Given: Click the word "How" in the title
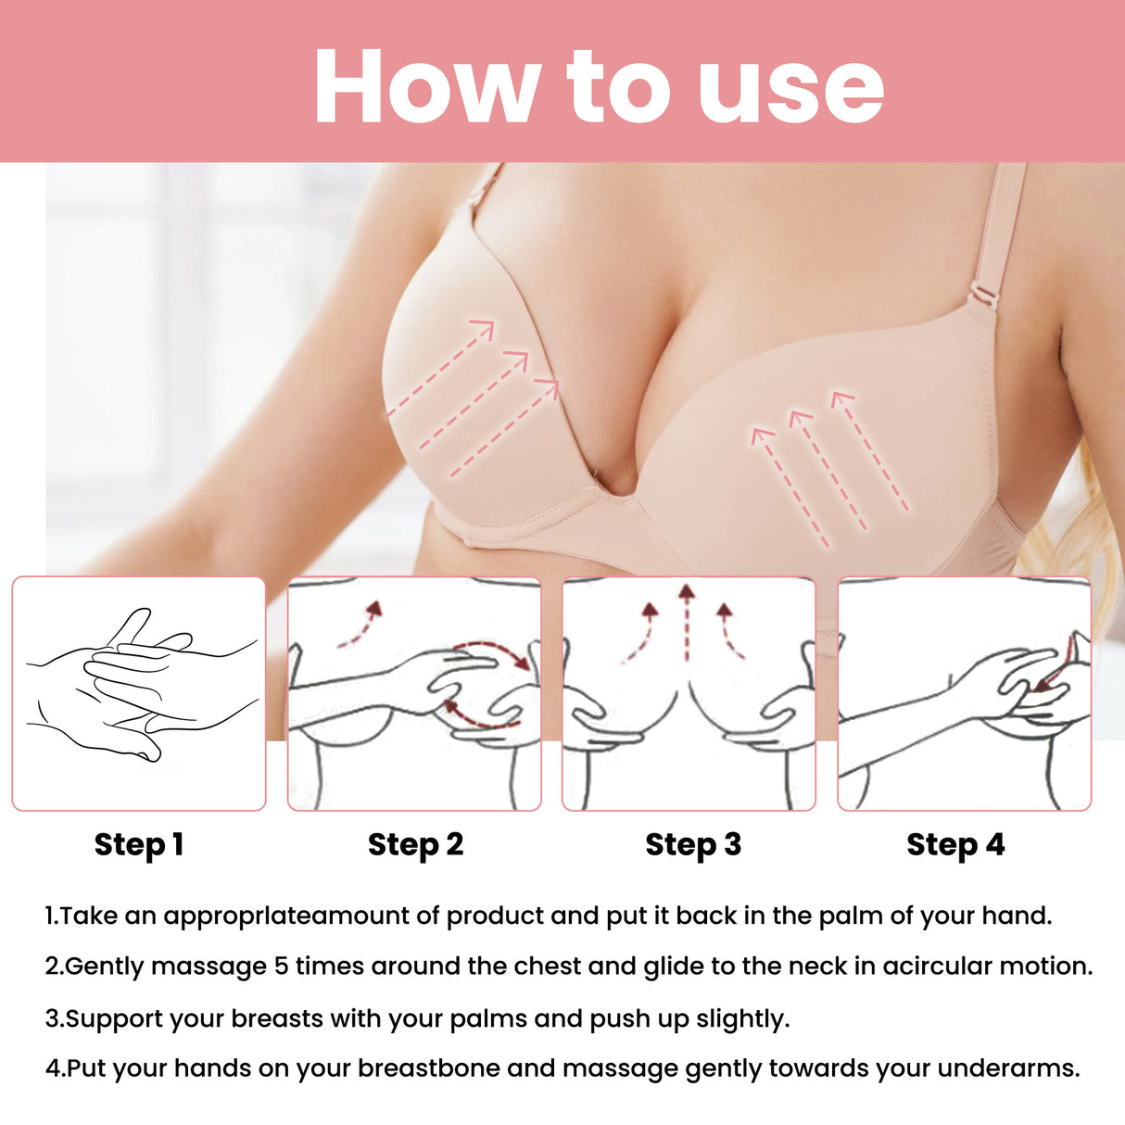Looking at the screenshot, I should pos(426,86).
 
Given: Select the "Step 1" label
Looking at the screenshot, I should pos(139,844).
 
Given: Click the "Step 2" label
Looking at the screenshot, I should pos(415,844).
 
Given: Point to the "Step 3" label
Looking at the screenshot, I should pos(693,844).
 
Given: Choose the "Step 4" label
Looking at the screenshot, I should pos(955,844).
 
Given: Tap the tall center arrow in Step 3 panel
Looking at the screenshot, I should pos(686,621).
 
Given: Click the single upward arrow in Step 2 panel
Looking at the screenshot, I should pos(361,623).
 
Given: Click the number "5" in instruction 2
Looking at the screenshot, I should pos(282,966).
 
